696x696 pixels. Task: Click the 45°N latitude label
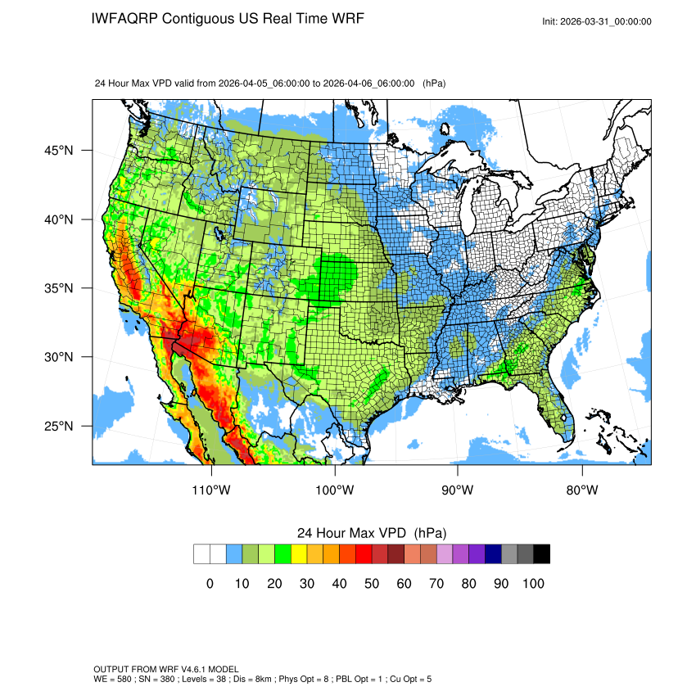(x=58, y=151)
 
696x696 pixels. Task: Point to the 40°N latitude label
(x=58, y=219)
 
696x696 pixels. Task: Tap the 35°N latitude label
(x=58, y=288)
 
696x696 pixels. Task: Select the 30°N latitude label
(x=58, y=357)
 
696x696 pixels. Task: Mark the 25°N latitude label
(x=58, y=426)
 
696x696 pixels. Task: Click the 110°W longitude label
(x=212, y=490)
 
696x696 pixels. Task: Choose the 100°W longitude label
(x=335, y=490)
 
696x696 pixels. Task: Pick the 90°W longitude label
(x=458, y=490)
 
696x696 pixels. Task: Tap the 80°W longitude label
(x=581, y=490)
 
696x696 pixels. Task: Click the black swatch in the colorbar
(x=541, y=554)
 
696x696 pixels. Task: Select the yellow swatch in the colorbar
(x=299, y=554)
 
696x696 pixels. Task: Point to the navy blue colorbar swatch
(x=493, y=554)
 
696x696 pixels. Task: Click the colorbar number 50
(x=372, y=583)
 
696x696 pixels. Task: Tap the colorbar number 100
(x=533, y=583)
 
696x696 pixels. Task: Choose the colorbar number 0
(x=210, y=583)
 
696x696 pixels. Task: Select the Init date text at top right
(x=597, y=21)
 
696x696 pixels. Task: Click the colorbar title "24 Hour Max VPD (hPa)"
(x=372, y=532)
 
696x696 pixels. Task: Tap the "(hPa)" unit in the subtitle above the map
(x=434, y=83)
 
